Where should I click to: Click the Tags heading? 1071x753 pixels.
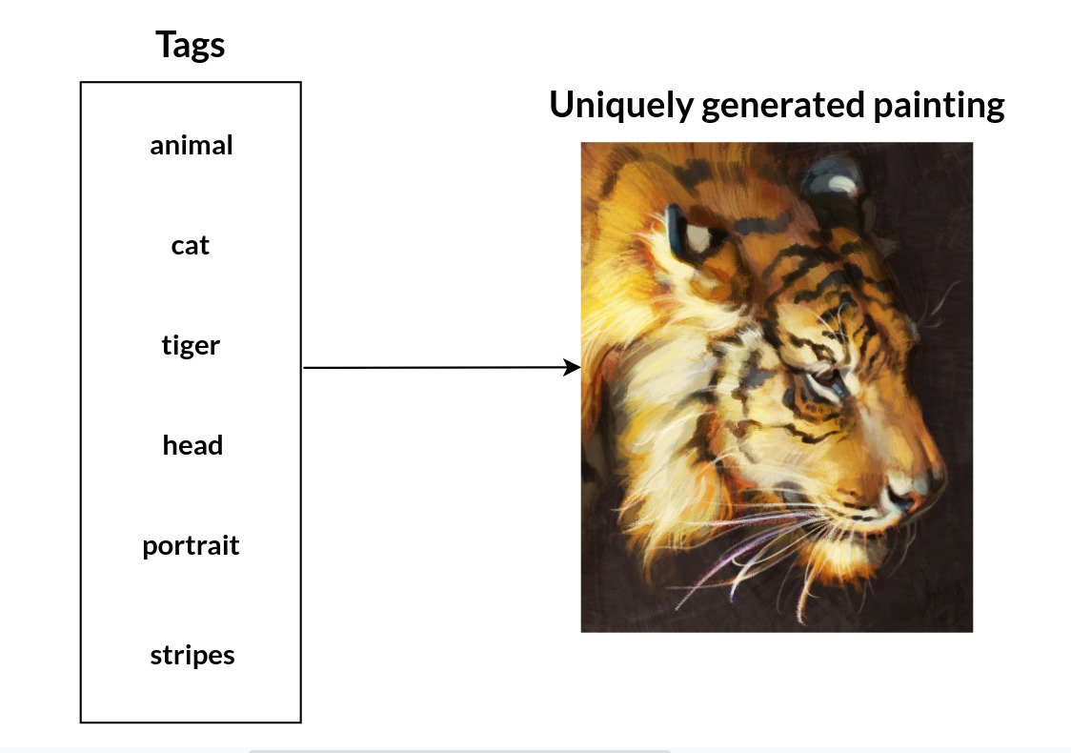(191, 45)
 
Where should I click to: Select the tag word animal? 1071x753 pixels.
(192, 145)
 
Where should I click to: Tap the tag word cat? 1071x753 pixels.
(191, 245)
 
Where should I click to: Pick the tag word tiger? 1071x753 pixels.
(191, 345)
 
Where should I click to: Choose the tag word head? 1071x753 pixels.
(192, 445)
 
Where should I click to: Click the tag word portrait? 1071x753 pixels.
(191, 546)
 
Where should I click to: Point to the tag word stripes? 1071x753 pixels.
(192, 655)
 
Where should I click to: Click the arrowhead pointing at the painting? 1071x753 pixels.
(574, 367)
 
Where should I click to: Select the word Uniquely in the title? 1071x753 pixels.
(620, 105)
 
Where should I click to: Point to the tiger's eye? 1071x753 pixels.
(821, 382)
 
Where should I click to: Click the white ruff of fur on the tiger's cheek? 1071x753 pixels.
(657, 381)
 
